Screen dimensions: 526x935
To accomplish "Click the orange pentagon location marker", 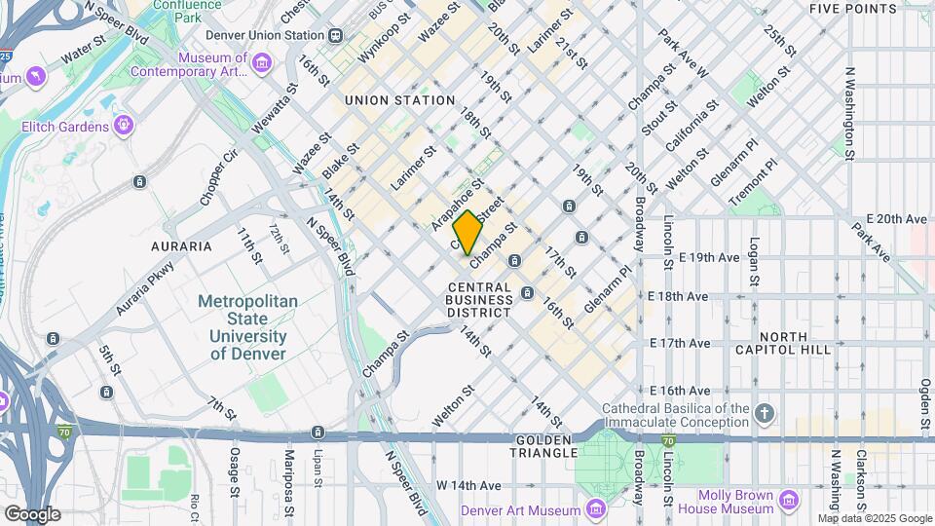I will pos(467,233).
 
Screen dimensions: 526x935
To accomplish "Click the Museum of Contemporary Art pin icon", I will pos(261,63).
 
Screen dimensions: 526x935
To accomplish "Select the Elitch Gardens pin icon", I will pos(124,126).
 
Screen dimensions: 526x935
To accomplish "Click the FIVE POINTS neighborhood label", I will pos(853,9).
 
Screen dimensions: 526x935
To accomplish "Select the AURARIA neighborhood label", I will pos(181,246).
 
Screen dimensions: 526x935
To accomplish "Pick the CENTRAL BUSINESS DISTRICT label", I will pos(479,300).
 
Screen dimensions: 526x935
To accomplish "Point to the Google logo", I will pos(32,513).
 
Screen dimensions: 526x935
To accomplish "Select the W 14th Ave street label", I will pos(468,484).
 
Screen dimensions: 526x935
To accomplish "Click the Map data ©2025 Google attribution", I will pos(872,518).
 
